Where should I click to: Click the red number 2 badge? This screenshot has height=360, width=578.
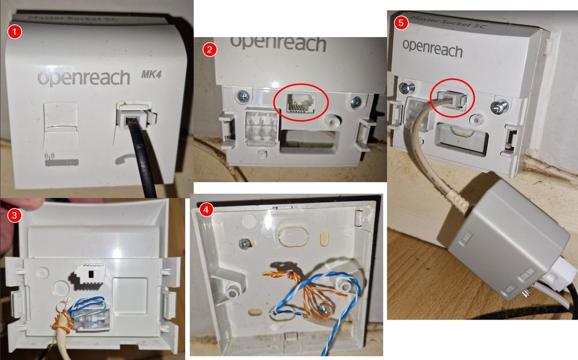[x=211, y=50]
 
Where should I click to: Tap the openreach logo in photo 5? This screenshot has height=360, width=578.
[x=432, y=49]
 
